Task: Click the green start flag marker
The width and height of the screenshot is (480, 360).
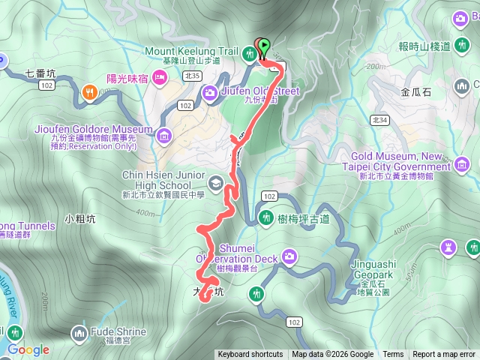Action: (x=265, y=47)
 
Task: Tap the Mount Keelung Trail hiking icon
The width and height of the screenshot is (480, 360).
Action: (x=249, y=52)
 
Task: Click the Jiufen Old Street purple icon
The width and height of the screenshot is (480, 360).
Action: (x=211, y=92)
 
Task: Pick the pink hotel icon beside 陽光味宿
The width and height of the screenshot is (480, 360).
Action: (x=159, y=76)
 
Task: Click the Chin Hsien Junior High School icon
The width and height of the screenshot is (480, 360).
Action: (x=216, y=182)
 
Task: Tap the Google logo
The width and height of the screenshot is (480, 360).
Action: (x=28, y=349)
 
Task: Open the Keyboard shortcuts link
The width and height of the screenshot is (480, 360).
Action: (x=250, y=355)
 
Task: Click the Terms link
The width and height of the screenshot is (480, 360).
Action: (x=393, y=355)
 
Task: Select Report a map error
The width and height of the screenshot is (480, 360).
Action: (x=444, y=355)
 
